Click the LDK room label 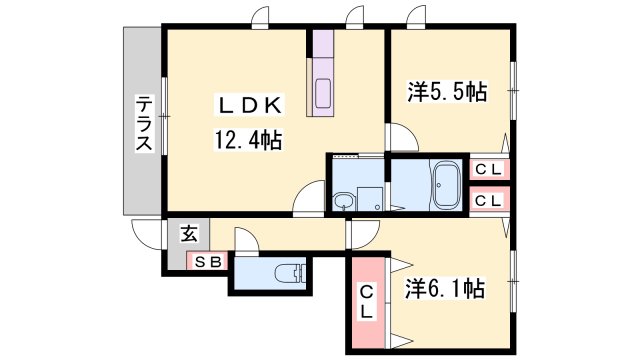tap(250, 106)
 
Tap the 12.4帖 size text tap(248, 140)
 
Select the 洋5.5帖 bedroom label tap(447, 91)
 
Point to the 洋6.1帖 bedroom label tap(445, 289)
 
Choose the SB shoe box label tap(207, 262)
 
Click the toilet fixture tap(290, 273)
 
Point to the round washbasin tap(344, 202)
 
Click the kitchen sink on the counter tap(323, 93)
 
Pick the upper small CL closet tap(489, 169)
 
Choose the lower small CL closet tap(489, 200)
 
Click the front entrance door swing tap(145, 234)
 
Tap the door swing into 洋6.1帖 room tap(365, 234)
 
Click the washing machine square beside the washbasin tap(370, 199)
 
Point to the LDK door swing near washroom tap(309, 197)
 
